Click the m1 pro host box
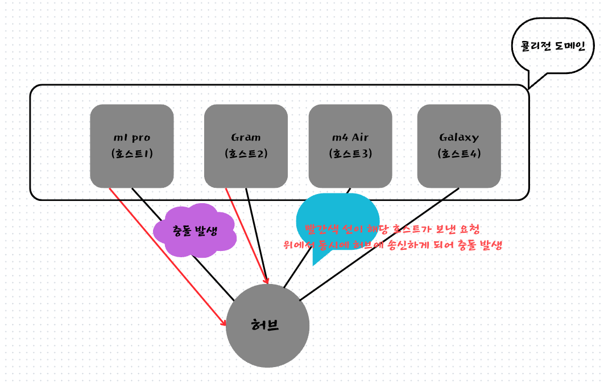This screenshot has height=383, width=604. tap(131, 146)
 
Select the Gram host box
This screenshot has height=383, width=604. tap(246, 146)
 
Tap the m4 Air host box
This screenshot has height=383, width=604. tap(350, 146)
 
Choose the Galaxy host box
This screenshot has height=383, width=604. tap(459, 146)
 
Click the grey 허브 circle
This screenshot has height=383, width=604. tap(267, 341)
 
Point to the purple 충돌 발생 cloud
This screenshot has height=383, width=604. tap(195, 230)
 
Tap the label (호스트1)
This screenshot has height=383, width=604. tap(132, 154)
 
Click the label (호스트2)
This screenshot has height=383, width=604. tap(246, 154)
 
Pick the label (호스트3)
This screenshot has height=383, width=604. tap(350, 154)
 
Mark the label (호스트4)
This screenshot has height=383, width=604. tap(459, 154)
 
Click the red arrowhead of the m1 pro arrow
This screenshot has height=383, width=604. tap(224, 323)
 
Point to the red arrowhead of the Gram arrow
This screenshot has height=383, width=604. tap(266, 281)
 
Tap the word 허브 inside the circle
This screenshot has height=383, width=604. tap(265, 326)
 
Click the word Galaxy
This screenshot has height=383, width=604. tap(459, 137)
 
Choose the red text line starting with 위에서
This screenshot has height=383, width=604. tap(392, 245)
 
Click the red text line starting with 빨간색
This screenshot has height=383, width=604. tap(392, 229)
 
